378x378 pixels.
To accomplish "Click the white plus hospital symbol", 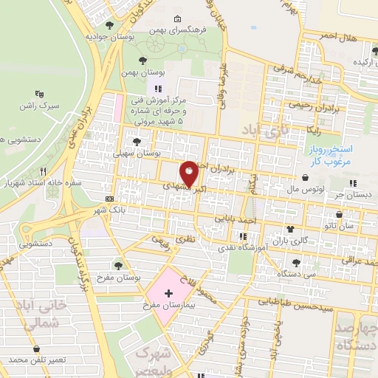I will (168, 293).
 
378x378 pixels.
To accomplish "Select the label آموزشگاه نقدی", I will (245, 251).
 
